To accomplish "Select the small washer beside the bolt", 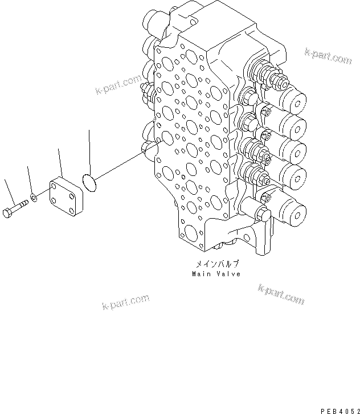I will pos(35,197).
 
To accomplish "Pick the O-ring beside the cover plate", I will pos(89,182).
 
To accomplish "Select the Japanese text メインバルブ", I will pos(217,265).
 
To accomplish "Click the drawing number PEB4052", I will pos(339,409).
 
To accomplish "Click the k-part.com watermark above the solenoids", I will pos(328,55).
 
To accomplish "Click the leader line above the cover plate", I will pos(59,162).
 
